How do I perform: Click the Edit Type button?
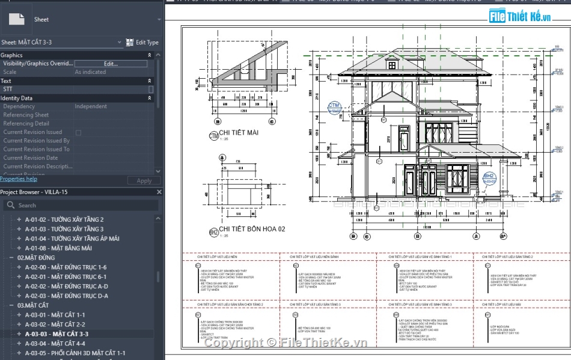click(142, 43)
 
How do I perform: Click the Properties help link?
click(19, 179)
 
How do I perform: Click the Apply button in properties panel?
click(144, 180)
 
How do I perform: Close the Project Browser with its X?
click(159, 192)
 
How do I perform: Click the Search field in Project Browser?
click(81, 206)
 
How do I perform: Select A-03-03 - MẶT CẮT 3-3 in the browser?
click(56, 334)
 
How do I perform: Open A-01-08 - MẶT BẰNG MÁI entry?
click(58, 248)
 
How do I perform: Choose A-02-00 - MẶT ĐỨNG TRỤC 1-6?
click(65, 267)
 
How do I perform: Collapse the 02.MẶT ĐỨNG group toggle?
click(11, 258)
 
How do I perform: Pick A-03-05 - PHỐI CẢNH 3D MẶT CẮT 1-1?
click(75, 353)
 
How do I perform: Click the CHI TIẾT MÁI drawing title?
click(239, 133)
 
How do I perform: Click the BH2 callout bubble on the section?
click(489, 177)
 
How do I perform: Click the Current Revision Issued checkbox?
click(78, 132)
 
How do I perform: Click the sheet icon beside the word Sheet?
click(17, 19)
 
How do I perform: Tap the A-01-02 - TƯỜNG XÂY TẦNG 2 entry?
click(64, 219)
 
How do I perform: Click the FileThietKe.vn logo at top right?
click(520, 16)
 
